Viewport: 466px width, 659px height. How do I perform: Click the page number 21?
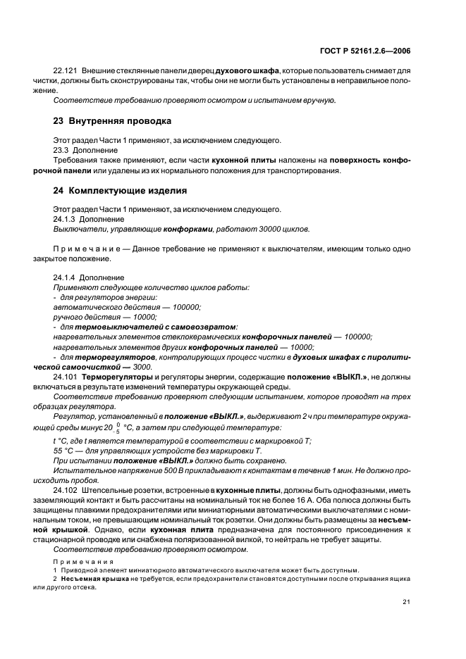coord(407,601)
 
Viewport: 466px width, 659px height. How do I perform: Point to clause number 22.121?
coord(66,71)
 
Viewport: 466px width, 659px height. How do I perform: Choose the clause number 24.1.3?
coord(66,219)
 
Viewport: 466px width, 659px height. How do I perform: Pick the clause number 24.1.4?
coord(66,277)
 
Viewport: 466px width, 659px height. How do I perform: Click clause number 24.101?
coord(66,377)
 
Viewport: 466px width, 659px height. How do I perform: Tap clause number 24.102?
coord(66,489)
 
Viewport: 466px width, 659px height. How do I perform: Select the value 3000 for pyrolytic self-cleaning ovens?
coord(142,367)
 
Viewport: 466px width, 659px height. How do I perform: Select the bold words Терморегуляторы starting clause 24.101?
coord(114,377)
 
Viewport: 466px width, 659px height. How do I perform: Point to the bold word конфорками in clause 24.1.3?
coord(184,230)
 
